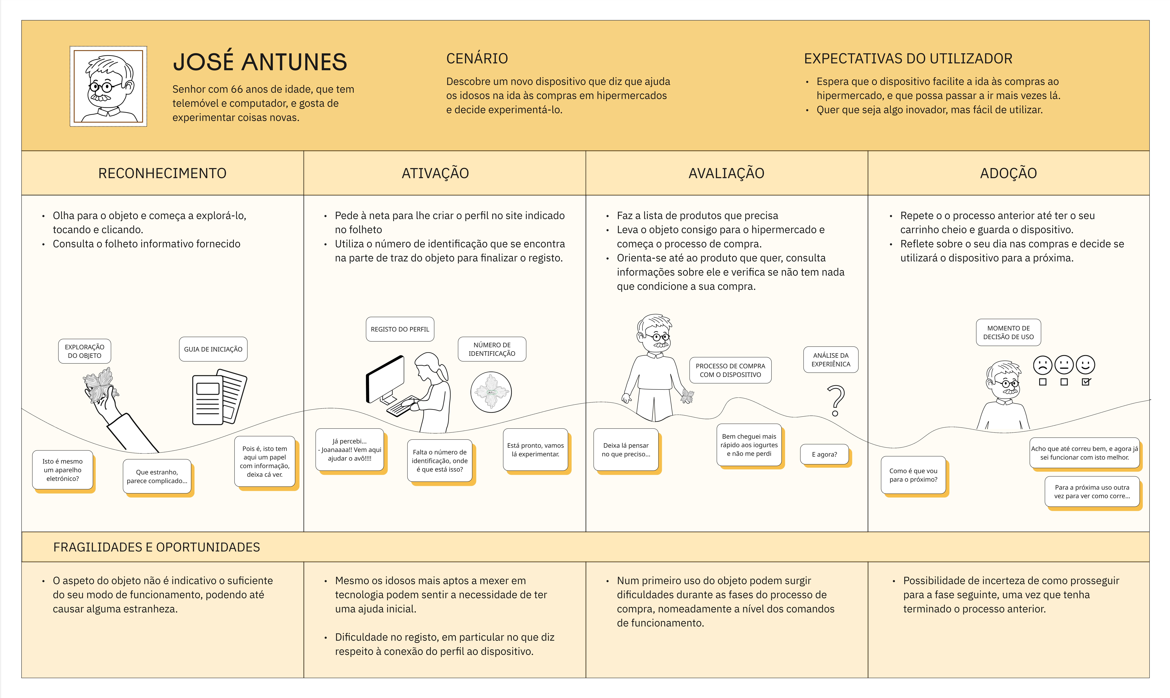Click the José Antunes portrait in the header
tap(108, 86)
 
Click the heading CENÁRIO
tap(477, 59)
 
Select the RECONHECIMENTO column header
tap(162, 173)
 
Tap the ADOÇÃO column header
tap(1008, 173)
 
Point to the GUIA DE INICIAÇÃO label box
tap(213, 349)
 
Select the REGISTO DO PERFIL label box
tap(400, 329)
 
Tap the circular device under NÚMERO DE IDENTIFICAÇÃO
tap(491, 392)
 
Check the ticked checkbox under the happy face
tap(1086, 382)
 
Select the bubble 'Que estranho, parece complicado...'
tap(157, 476)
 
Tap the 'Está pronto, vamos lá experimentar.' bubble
tap(535, 450)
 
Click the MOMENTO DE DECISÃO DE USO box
tap(1008, 333)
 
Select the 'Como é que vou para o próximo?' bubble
tap(913, 475)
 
